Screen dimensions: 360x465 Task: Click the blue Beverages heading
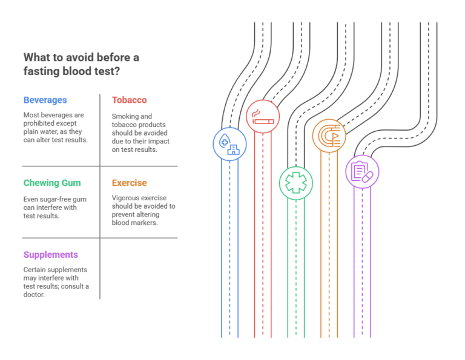coord(45,100)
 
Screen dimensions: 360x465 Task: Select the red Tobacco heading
coord(129,100)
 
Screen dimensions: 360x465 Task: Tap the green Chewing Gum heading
coord(51,183)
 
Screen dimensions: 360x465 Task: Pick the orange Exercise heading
coord(129,183)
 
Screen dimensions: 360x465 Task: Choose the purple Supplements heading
coord(50,255)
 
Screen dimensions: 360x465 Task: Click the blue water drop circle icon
coord(229,144)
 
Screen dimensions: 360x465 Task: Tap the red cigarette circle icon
coord(263,116)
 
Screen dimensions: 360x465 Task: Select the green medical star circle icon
coord(295,182)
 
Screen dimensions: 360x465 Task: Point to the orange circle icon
coord(329,134)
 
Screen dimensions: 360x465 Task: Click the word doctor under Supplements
coord(36,295)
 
